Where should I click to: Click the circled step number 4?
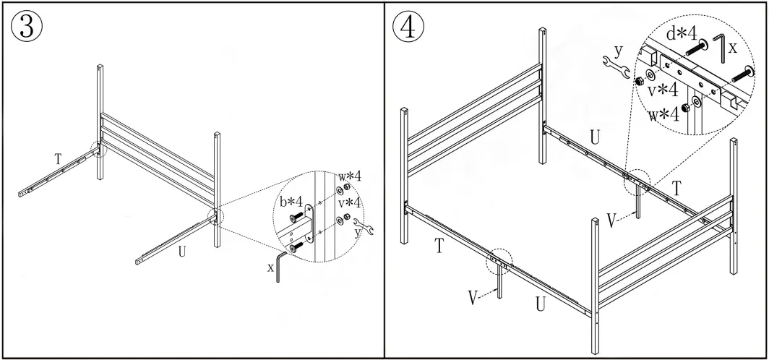coord(408,27)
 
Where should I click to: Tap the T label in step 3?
coord(58,157)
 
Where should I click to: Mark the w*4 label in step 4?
coord(663,114)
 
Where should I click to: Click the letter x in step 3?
coord(270,267)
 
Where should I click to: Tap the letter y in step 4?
coord(618,50)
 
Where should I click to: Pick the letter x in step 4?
coord(732,48)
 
